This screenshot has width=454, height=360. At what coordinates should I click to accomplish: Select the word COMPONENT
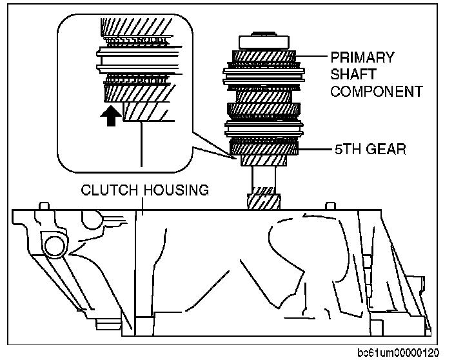tap(377, 91)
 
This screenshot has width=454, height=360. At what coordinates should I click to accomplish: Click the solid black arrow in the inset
tap(111, 116)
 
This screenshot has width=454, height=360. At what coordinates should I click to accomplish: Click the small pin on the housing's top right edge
tap(331, 206)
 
